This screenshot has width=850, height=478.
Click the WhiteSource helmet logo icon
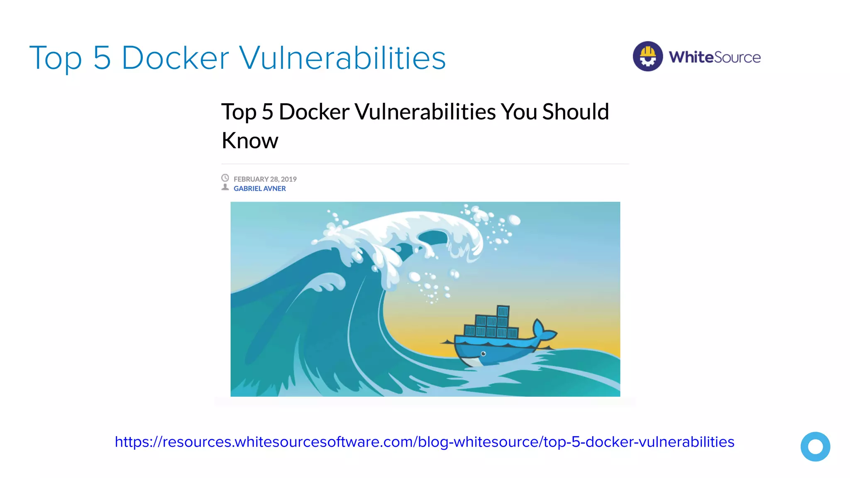click(647, 56)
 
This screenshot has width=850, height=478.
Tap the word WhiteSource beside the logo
click(714, 57)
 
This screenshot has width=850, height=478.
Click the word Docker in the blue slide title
click(175, 58)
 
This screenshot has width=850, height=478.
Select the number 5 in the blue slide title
click(102, 58)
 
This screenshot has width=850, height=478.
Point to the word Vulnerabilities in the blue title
click(342, 58)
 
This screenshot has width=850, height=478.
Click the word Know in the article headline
click(250, 141)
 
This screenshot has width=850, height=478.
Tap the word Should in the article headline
click(576, 112)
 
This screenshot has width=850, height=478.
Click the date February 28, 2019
click(265, 179)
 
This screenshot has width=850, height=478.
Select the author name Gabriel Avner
click(259, 188)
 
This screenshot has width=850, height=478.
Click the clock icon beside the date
click(225, 178)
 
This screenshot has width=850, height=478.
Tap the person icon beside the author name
click(225, 187)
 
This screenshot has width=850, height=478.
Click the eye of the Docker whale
click(483, 354)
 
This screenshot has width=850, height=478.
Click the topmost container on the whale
click(503, 311)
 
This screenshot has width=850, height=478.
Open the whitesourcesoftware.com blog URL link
click(425, 442)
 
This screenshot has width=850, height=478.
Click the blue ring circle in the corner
click(815, 446)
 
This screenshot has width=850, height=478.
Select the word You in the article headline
click(519, 112)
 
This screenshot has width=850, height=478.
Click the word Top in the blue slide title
click(56, 59)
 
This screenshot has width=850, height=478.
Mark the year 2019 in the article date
click(289, 179)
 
